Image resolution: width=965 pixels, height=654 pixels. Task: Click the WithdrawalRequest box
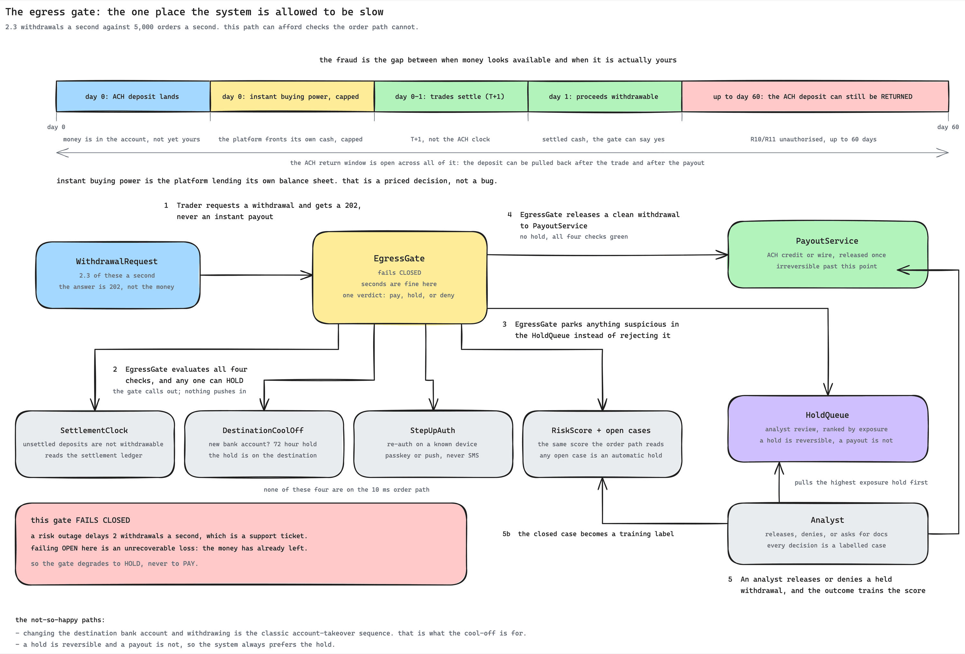point(118,275)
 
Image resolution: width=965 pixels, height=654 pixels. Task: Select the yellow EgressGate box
point(400,278)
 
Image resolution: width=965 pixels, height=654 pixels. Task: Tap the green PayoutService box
point(828,255)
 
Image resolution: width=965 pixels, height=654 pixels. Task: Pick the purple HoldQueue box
point(828,429)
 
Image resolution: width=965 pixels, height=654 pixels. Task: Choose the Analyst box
point(828,534)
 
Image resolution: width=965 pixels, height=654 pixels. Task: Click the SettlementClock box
point(95,444)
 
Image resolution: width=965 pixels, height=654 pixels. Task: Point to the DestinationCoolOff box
point(264,444)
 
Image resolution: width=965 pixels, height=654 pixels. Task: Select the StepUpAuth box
point(433,444)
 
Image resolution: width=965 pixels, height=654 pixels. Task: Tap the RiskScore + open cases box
point(602,444)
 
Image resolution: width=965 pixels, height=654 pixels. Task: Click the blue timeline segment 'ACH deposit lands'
point(133,96)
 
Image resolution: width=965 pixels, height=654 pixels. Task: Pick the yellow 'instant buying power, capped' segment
point(292,96)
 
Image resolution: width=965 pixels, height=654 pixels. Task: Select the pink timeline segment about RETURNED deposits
point(815,96)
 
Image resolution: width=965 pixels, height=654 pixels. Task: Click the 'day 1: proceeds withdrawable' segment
point(605,96)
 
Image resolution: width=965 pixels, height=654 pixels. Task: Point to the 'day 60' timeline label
point(948,127)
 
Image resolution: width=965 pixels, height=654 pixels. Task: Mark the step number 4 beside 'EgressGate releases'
point(510,215)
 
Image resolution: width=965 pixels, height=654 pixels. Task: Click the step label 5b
point(506,534)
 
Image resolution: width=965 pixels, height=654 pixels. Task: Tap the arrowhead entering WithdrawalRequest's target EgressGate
point(307,275)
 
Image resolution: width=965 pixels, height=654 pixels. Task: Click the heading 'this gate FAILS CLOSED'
point(80,520)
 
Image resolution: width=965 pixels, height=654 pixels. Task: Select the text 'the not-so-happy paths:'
point(60,620)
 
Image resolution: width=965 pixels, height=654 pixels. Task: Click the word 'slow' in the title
point(372,12)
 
